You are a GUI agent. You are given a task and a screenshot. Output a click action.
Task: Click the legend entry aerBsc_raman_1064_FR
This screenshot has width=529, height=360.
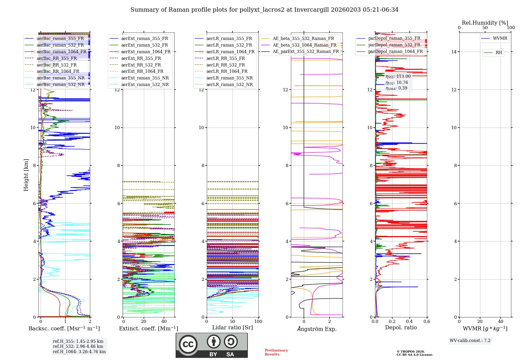61,52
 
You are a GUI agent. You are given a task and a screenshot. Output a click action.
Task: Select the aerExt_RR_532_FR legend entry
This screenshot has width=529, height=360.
141,65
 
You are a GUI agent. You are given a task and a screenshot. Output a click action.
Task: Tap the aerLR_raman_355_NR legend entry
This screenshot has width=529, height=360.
229,78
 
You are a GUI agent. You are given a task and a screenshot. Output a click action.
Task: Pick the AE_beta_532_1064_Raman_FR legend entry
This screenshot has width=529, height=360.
304,45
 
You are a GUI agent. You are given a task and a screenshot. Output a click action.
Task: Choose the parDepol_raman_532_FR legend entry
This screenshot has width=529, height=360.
394,45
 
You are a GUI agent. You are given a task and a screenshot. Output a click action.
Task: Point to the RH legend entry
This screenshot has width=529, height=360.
499,53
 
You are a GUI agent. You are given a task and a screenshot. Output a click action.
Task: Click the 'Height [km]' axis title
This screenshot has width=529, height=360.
26,175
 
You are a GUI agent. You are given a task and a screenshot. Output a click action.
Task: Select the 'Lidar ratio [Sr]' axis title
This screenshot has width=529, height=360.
232,328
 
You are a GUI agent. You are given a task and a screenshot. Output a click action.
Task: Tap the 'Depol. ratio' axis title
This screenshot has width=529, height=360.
401,328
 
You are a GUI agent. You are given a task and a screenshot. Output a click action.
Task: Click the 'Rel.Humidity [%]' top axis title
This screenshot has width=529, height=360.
485,23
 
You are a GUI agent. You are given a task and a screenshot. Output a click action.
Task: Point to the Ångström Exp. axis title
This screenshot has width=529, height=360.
317,329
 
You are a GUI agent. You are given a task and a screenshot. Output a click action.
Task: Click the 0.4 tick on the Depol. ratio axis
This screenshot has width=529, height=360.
409,322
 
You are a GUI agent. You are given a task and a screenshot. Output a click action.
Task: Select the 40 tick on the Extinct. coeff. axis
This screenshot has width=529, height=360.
164,322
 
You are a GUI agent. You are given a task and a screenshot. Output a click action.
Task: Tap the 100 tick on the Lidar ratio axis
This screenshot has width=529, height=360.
258,322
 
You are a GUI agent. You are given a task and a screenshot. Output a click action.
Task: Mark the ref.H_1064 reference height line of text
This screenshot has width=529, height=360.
79,352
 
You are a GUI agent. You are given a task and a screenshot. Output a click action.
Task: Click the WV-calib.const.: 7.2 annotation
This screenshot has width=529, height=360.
470,341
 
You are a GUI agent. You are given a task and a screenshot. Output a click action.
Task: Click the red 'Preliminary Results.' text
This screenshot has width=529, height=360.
276,352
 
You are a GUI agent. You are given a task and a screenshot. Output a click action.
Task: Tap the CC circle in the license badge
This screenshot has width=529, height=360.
188,344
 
